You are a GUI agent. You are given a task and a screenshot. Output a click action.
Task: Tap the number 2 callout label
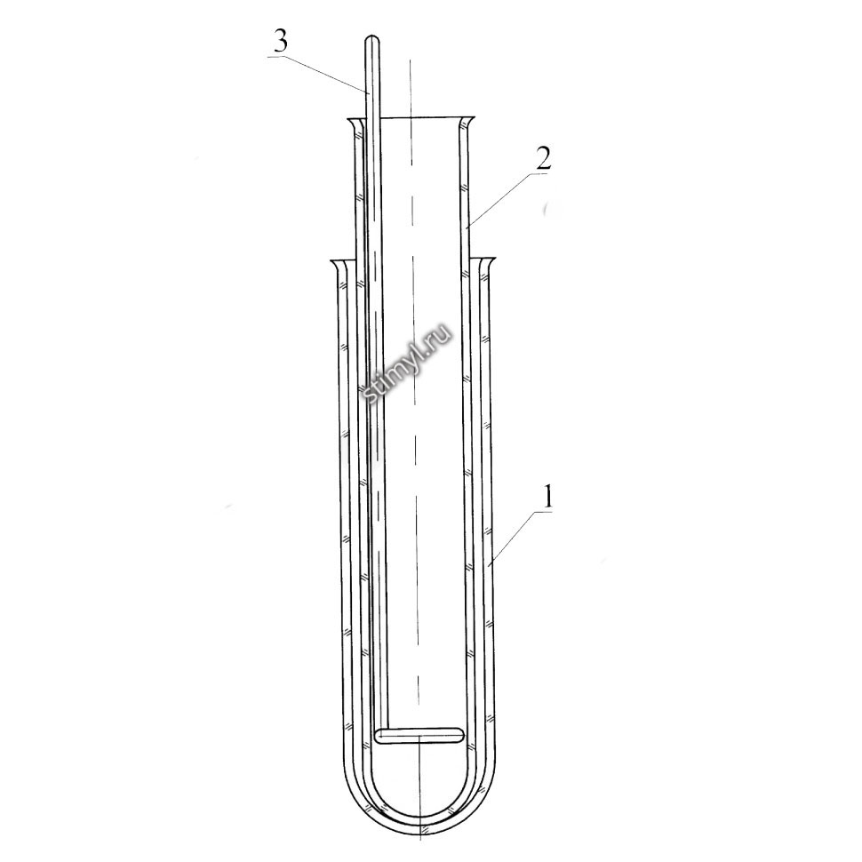point(542,159)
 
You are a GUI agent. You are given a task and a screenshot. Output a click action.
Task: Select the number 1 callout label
point(547,498)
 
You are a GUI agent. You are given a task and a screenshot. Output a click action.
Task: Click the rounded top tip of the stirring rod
point(372,38)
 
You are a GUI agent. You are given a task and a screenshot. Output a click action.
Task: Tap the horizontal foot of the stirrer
point(419,736)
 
